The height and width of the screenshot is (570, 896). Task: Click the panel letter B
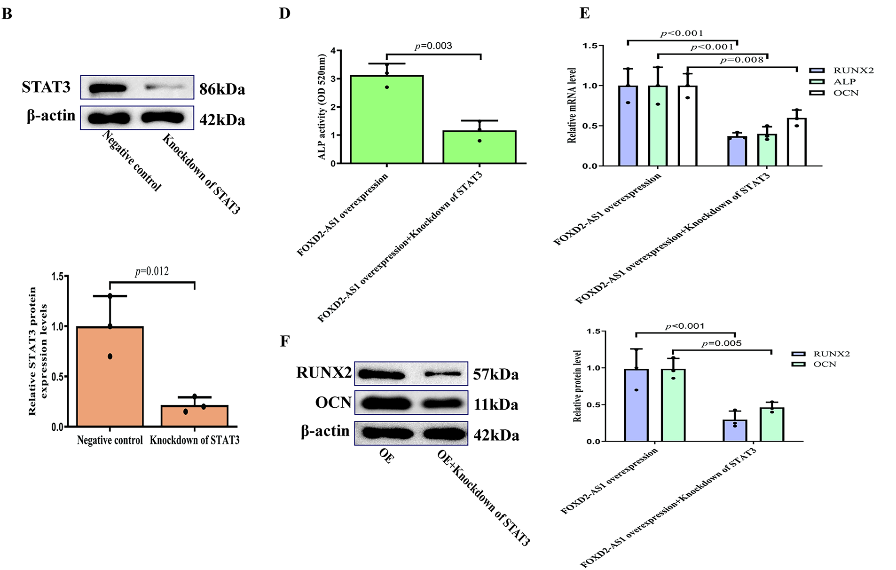click(7, 14)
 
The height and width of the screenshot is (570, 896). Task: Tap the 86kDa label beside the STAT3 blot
click(222, 89)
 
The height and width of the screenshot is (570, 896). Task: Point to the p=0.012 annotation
click(151, 271)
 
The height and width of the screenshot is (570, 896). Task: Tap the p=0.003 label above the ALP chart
click(433, 46)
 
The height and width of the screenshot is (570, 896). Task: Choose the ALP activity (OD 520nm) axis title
click(322, 107)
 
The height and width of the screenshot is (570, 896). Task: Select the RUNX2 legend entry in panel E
click(841, 71)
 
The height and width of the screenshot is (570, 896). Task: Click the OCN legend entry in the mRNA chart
click(841, 93)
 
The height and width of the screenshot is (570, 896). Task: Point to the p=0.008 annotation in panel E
click(741, 60)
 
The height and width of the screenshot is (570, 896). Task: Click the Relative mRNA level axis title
click(572, 105)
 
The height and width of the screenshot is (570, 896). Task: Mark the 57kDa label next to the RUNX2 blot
click(495, 374)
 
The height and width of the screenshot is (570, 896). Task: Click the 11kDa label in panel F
click(495, 404)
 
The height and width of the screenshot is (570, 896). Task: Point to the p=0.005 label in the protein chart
click(721, 343)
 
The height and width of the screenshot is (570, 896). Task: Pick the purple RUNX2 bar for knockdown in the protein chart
click(735, 430)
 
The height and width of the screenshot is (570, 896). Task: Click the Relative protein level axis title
click(577, 386)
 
